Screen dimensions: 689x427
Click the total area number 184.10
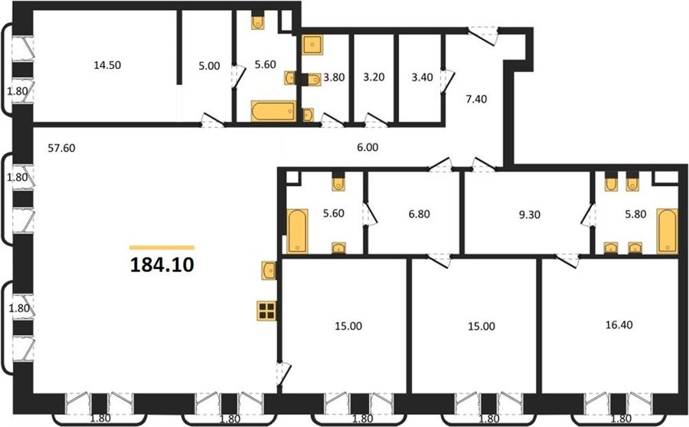tap(162, 265)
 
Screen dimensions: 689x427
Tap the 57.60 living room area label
tap(61, 149)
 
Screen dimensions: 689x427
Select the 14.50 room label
tap(107, 65)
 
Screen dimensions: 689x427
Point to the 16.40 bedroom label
tap(619, 325)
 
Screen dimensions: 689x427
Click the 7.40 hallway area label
tap(476, 99)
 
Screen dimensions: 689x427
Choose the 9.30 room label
tap(530, 215)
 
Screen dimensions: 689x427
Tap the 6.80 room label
tap(420, 215)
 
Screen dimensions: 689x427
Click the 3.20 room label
tap(374, 77)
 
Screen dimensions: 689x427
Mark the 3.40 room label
tap(423, 77)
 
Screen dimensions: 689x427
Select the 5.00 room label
tap(209, 66)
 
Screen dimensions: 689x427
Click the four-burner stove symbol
tap(266, 310)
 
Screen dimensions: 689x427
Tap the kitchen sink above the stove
tap(269, 271)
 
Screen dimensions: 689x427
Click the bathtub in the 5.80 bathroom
tap(667, 232)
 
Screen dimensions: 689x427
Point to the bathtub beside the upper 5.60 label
tap(273, 111)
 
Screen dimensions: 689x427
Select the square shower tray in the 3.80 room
tap(312, 44)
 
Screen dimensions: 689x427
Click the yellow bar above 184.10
tap(162, 248)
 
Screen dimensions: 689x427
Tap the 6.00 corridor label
tap(367, 147)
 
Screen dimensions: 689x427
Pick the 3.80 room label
tap(334, 77)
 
